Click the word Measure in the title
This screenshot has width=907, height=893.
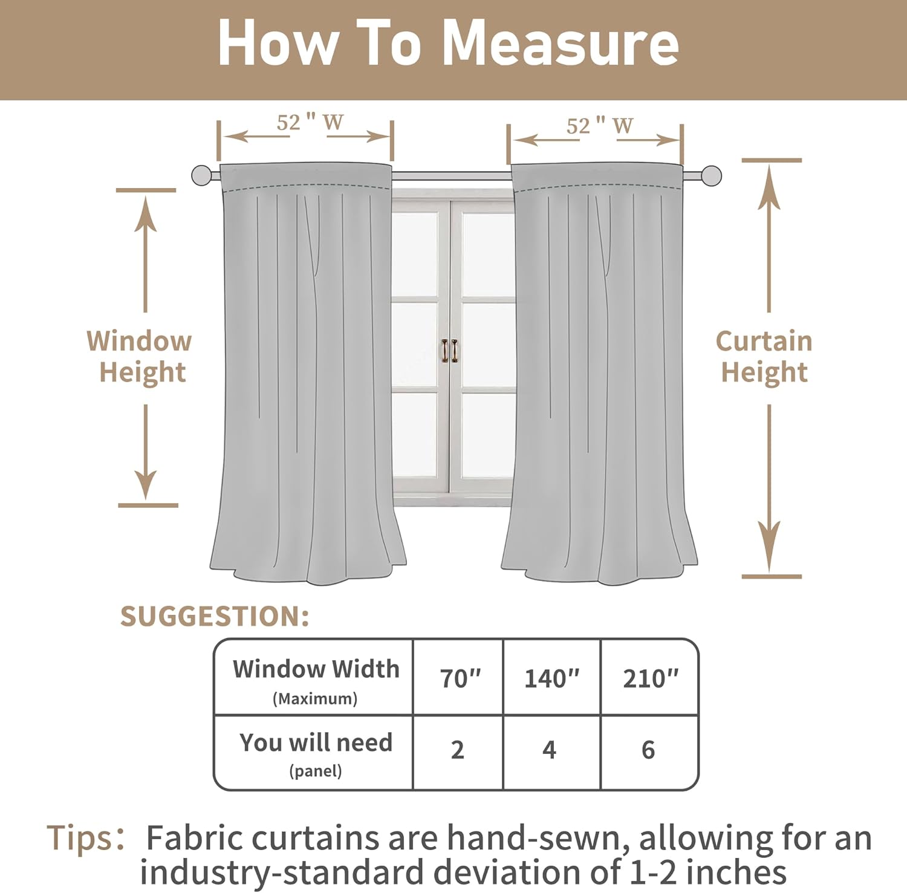561,44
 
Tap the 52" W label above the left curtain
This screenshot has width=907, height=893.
310,123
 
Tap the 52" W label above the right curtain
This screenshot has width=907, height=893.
599,126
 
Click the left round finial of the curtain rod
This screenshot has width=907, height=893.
201,176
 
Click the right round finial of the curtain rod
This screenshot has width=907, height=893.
712,176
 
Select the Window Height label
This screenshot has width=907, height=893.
140,357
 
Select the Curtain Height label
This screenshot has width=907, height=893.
764,357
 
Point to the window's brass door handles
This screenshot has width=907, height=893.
449,351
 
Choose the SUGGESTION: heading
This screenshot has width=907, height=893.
215,617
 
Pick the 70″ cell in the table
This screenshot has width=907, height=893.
460,678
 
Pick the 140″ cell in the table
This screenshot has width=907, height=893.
551,678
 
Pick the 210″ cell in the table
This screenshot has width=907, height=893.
651,678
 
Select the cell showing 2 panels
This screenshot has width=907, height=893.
458,750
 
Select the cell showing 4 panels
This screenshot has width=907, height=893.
549,750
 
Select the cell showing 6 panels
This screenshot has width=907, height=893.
648,750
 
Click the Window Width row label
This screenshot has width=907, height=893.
316,670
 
